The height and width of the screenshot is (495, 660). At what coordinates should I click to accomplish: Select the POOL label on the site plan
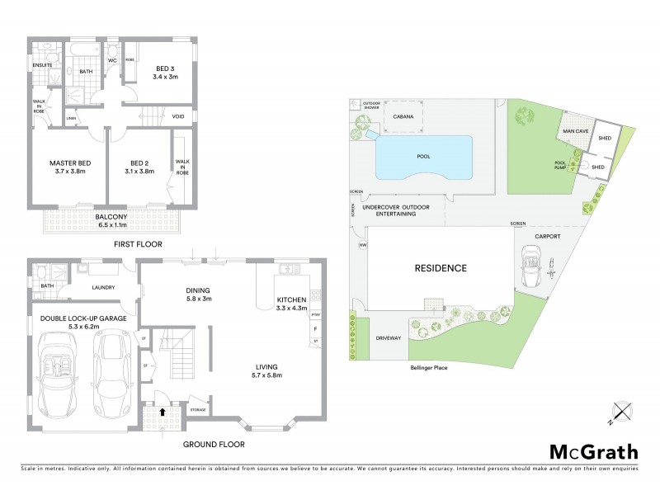coord(424,155)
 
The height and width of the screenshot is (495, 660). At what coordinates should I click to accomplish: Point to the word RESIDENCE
coord(440,268)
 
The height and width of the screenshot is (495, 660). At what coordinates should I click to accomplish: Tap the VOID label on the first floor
coord(178,116)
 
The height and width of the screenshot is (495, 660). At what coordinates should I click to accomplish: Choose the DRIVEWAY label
coord(386,337)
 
